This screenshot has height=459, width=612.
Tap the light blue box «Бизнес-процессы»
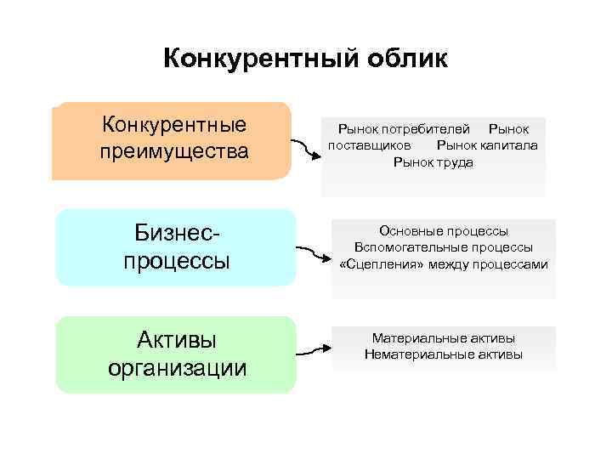pos(176,246)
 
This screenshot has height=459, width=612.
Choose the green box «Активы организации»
pos(176,354)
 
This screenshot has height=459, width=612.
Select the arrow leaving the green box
pos(313,348)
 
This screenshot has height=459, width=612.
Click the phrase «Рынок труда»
pos(433,161)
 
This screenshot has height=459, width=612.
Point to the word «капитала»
pos(508,145)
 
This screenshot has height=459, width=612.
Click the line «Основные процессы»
pos(444,230)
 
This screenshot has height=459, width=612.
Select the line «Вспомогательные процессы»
pos(444,247)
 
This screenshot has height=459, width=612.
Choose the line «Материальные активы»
pos(444,337)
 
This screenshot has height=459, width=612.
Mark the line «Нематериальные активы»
pos(444,354)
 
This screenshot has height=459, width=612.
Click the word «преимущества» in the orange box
pos(174,153)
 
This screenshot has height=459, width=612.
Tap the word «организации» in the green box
pos(178,368)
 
